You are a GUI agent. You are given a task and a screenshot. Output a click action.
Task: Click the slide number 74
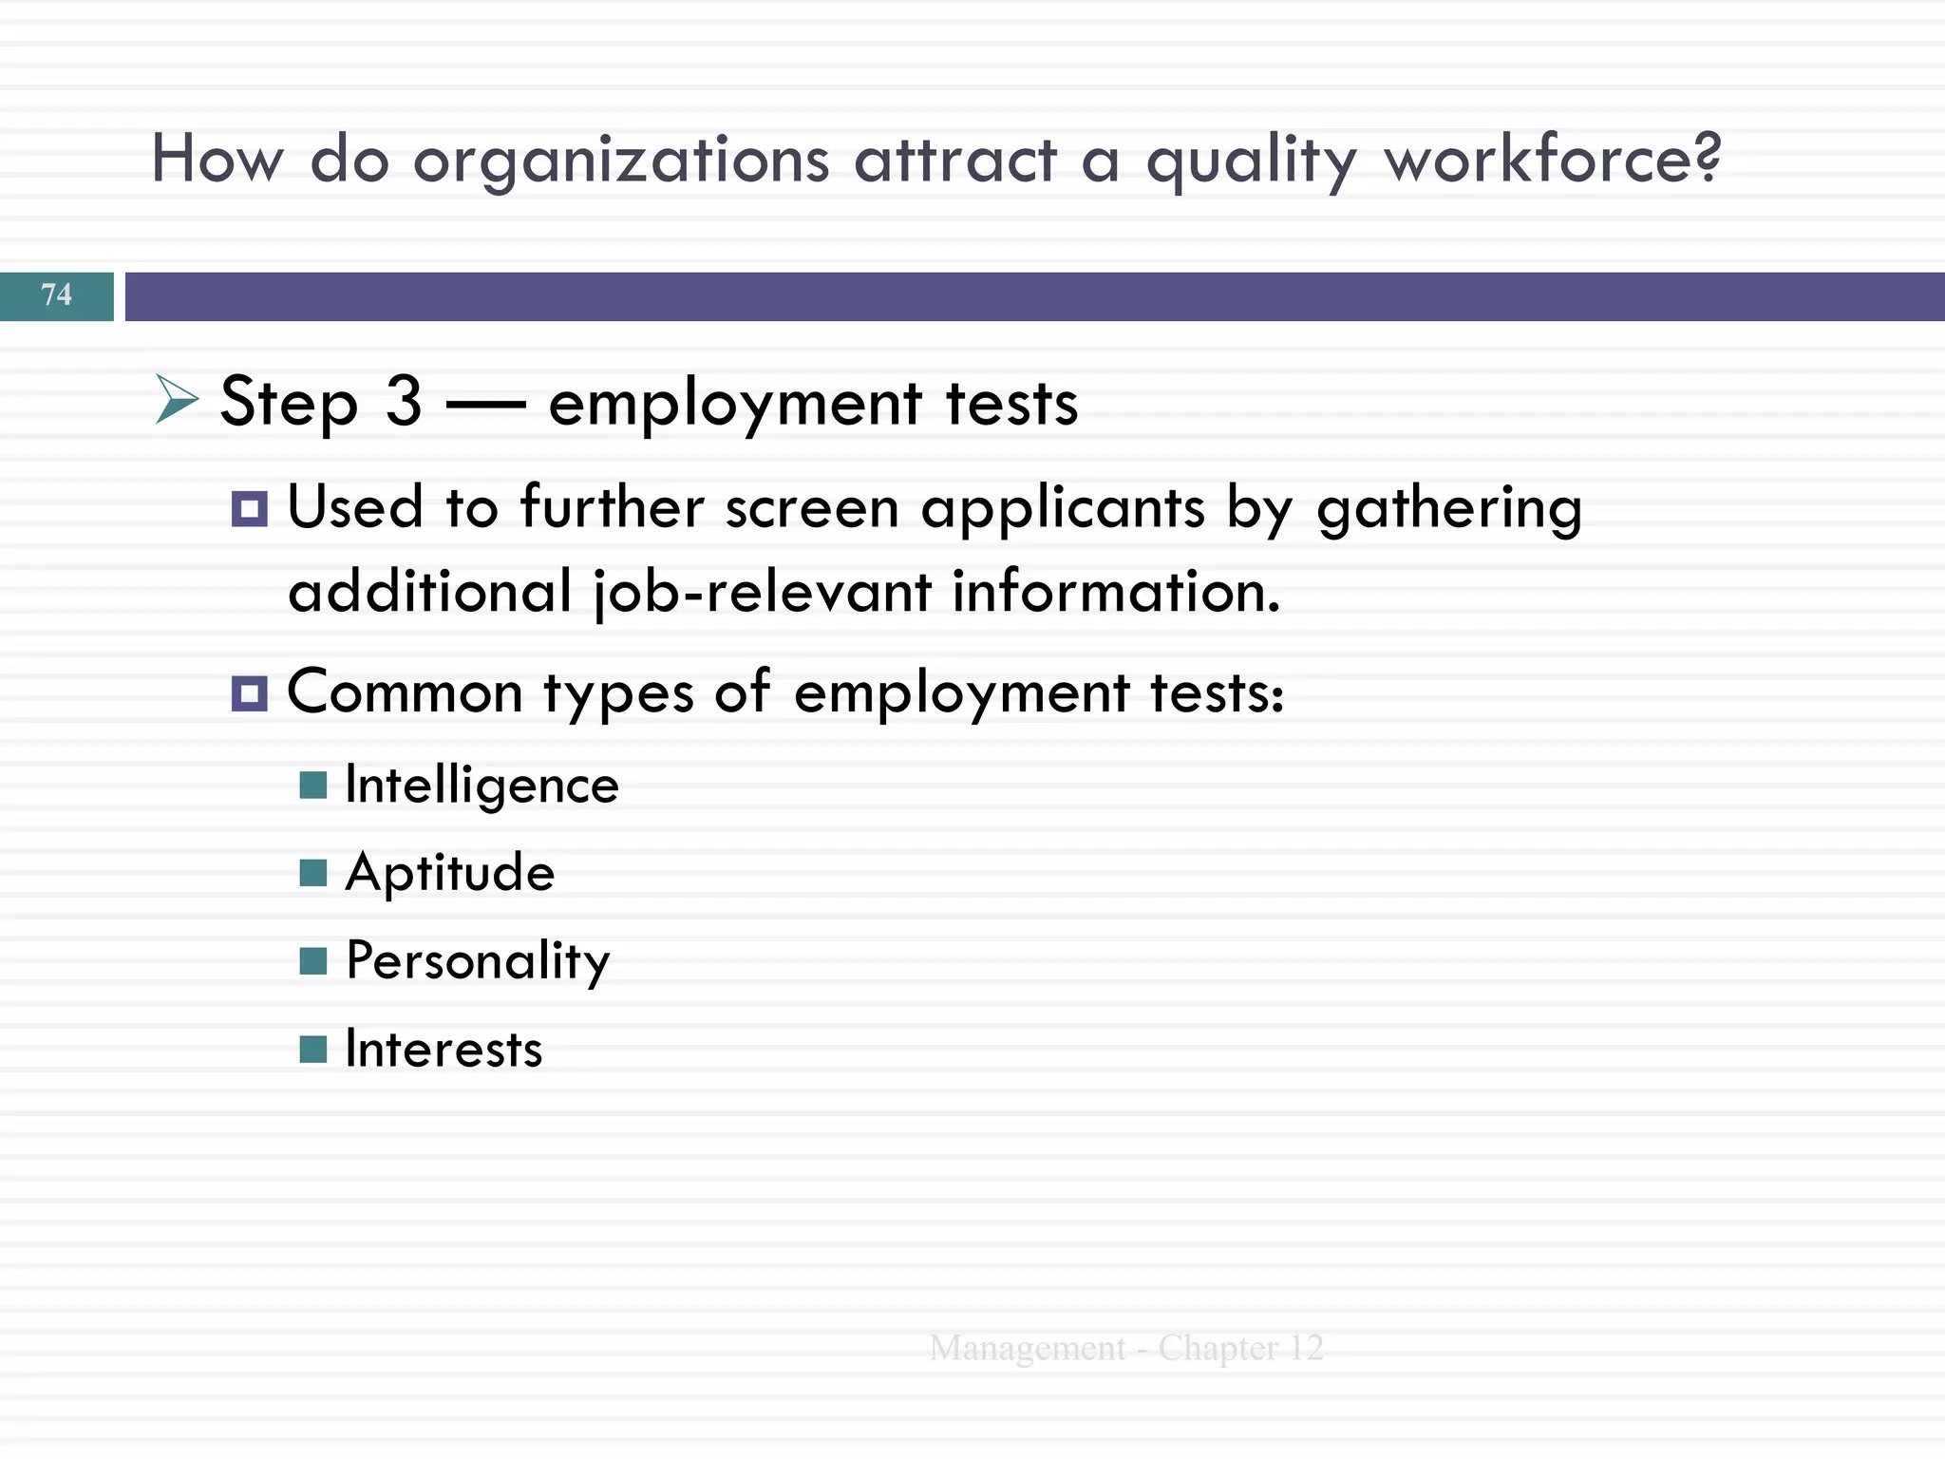(x=57, y=294)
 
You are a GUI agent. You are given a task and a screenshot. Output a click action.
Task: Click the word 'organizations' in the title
(x=621, y=160)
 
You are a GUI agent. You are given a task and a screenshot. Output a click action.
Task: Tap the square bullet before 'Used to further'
(x=250, y=509)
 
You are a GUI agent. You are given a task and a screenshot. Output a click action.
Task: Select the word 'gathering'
(x=1449, y=509)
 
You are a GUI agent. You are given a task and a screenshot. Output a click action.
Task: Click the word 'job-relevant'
(x=763, y=593)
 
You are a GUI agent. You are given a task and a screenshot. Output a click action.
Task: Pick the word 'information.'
(x=1117, y=591)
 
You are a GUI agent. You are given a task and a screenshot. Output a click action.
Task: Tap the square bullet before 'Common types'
(x=250, y=693)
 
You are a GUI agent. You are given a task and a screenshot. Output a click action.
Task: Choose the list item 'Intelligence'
(x=482, y=786)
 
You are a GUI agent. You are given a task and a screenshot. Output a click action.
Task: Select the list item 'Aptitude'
(x=450, y=872)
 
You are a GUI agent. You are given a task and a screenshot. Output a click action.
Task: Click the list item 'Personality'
(x=478, y=961)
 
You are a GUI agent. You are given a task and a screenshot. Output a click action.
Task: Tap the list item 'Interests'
(x=444, y=1050)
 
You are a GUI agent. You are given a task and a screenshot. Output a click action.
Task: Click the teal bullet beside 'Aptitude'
(x=313, y=872)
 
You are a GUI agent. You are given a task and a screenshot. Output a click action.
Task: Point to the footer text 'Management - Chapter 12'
(x=1126, y=1348)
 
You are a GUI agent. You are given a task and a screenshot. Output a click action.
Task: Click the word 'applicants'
(x=1063, y=509)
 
